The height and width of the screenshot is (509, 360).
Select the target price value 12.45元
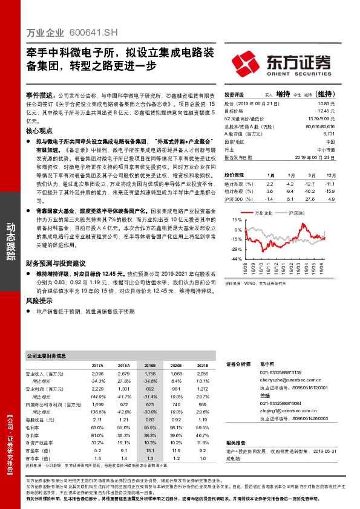pos(326,111)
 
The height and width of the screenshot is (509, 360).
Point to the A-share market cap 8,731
pos(329,134)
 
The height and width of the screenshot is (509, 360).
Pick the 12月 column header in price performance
pos(329,174)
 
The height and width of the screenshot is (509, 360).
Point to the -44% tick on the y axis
pos(236,259)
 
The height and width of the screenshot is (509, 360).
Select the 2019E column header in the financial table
pos(150,366)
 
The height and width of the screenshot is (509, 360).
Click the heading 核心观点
pos(40,131)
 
